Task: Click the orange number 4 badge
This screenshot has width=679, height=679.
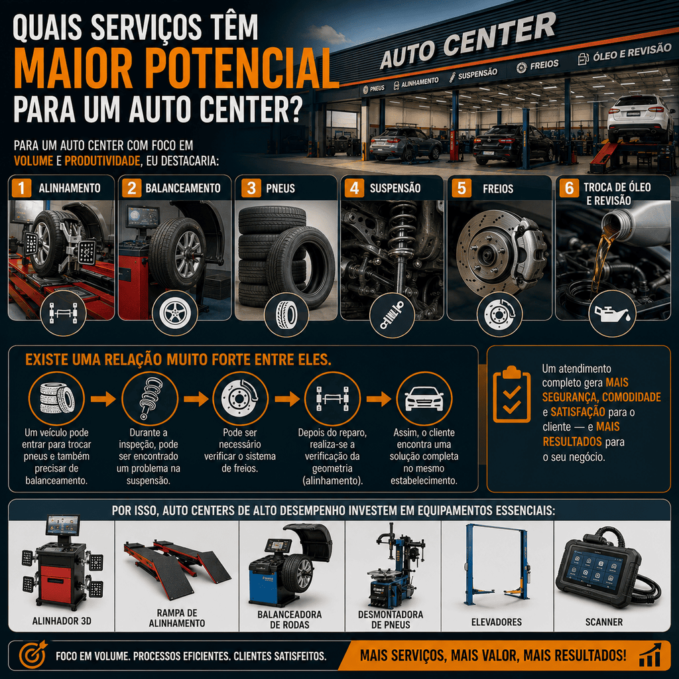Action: (354, 188)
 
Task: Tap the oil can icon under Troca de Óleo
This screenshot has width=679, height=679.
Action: (612, 314)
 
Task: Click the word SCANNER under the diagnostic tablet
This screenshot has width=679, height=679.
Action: (603, 622)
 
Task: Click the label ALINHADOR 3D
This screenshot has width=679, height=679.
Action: (62, 621)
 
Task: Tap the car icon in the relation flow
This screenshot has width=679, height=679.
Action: (424, 399)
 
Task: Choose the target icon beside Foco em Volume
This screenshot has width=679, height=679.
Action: (32, 654)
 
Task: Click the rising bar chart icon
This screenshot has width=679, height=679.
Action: (650, 654)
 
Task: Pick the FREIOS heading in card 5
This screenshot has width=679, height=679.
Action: (498, 189)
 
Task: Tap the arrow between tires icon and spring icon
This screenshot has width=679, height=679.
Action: (103, 399)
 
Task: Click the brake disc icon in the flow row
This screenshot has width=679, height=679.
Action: (240, 399)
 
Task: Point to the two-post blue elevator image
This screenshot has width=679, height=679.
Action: (497, 564)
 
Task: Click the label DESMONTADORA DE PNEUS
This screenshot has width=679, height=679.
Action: (391, 620)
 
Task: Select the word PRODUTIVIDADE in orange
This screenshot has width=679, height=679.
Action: (102, 161)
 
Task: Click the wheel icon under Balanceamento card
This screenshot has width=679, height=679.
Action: (175, 313)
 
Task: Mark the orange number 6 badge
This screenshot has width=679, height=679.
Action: (568, 188)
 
